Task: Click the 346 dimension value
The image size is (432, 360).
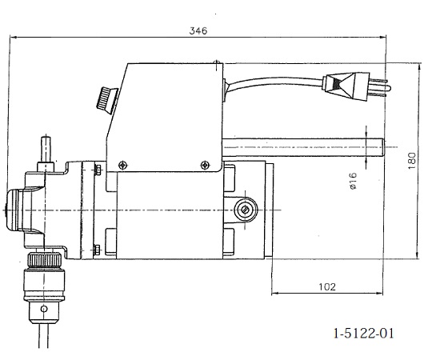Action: pos(198,30)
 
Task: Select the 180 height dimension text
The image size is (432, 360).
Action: pos(412,161)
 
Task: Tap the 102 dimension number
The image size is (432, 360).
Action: pos(327,287)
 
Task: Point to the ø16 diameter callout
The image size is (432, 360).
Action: pos(353,181)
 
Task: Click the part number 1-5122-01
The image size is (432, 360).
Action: pos(364,333)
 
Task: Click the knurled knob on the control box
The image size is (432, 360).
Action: pos(107,100)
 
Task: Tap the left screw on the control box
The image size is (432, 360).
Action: pos(122,166)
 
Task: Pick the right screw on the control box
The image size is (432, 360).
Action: pos(204,165)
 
